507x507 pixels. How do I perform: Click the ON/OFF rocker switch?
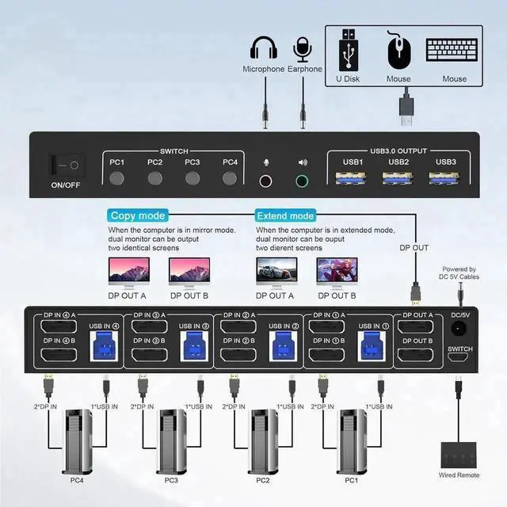64,166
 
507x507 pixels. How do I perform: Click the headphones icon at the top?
263,48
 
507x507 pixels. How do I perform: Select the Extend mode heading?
284,215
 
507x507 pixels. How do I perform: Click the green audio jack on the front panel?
303,181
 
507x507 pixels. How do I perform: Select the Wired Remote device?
459,452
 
